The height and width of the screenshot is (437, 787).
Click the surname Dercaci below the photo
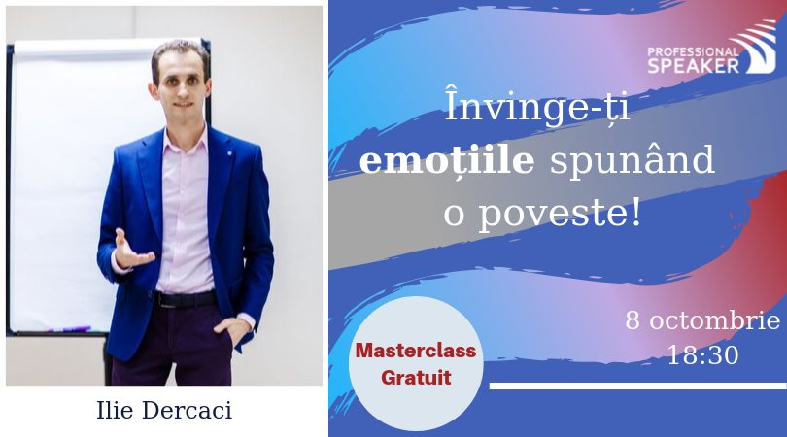coord(188,410)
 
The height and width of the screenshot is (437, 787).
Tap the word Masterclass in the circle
coord(416,351)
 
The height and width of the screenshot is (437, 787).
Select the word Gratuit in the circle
coord(416,378)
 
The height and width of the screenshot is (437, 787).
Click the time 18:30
coord(702,355)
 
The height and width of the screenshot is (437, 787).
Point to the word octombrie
coord(715,321)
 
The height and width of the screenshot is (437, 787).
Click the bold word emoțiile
coord(447,160)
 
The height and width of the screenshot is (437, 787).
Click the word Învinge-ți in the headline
coord(537,107)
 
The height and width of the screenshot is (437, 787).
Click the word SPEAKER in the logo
coord(693,66)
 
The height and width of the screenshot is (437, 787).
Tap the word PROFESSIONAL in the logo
coord(693,52)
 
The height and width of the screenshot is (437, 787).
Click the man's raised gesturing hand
coord(131,251)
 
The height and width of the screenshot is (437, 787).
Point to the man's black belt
coord(187,299)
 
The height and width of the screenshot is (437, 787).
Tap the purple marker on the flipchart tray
coord(69,329)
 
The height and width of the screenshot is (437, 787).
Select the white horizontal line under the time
coord(638,386)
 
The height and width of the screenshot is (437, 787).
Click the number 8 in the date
coord(633,321)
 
